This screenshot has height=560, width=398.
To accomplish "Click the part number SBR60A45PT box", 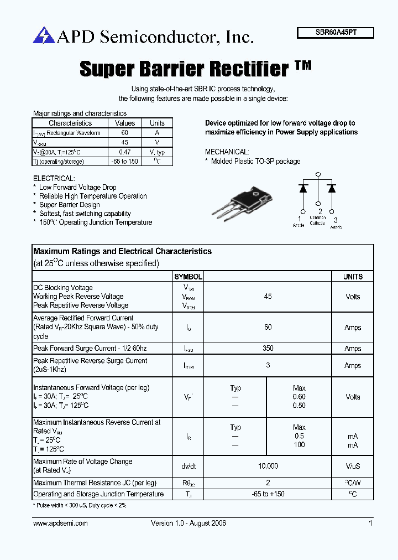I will [336, 33].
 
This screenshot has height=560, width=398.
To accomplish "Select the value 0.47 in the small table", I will [125, 152].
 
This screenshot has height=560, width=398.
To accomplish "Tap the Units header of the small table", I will [157, 123].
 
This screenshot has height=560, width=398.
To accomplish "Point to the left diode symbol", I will [303, 188].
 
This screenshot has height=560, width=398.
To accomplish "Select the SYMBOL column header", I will [188, 277].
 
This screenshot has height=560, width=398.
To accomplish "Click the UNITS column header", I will [353, 277].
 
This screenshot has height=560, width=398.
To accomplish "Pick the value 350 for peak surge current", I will [268, 349].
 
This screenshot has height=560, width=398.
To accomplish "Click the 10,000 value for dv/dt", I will [268, 466].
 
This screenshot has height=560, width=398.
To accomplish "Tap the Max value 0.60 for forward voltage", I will [299, 397].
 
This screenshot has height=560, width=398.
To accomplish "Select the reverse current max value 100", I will [299, 445].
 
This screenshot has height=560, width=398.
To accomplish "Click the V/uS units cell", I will [353, 466].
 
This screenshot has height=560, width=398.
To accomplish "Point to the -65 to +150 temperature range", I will [268, 494].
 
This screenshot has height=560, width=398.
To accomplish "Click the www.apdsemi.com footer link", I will [60, 523].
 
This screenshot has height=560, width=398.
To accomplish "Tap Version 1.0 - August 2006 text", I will [188, 523].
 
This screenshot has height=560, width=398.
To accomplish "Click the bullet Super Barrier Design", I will [70, 205].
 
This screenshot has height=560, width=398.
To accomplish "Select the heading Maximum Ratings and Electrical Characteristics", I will [122, 251].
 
